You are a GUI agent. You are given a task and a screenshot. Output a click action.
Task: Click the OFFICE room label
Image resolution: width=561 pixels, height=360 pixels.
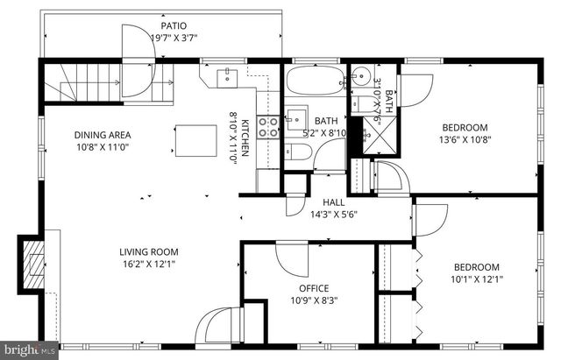tap(314, 288)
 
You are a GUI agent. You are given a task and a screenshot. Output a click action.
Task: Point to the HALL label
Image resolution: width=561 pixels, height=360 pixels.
tap(333, 201)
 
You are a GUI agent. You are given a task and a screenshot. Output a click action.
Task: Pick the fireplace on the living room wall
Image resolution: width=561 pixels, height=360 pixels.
tap(32, 263)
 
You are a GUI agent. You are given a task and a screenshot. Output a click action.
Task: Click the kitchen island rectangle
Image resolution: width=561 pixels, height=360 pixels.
tap(196, 139)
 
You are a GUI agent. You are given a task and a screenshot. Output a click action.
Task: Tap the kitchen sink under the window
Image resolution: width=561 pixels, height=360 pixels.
tap(227, 77)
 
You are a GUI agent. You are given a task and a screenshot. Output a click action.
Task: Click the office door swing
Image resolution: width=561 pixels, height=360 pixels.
tap(291, 257)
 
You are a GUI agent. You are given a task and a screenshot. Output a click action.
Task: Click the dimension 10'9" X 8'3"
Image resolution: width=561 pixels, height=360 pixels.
tap(314, 300)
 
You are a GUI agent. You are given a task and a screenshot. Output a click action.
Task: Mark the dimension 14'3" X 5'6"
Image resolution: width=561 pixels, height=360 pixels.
tap(333, 213)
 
